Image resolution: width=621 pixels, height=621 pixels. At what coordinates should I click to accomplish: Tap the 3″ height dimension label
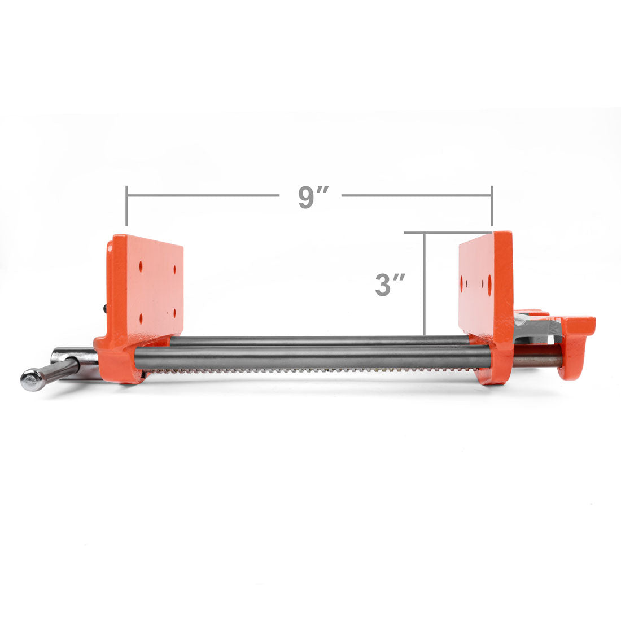[x=390, y=285]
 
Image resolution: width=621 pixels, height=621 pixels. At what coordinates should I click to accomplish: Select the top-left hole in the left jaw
[x=141, y=264]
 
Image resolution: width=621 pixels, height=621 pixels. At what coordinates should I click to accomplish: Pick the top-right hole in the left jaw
[x=175, y=269]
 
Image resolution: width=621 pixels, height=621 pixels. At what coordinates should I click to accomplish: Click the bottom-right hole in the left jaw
[x=175, y=311]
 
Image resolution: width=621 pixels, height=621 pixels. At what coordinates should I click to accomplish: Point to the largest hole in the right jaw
[x=489, y=285]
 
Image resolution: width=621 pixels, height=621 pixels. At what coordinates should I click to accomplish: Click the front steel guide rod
[x=310, y=358]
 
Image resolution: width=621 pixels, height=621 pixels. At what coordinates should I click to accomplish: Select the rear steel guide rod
[x=316, y=340]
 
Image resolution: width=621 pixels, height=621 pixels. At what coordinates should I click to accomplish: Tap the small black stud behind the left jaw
[x=105, y=308]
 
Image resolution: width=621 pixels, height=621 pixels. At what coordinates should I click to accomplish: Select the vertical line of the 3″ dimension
[x=424, y=282]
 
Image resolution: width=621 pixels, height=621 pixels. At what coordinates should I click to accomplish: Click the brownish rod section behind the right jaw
[x=536, y=360]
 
